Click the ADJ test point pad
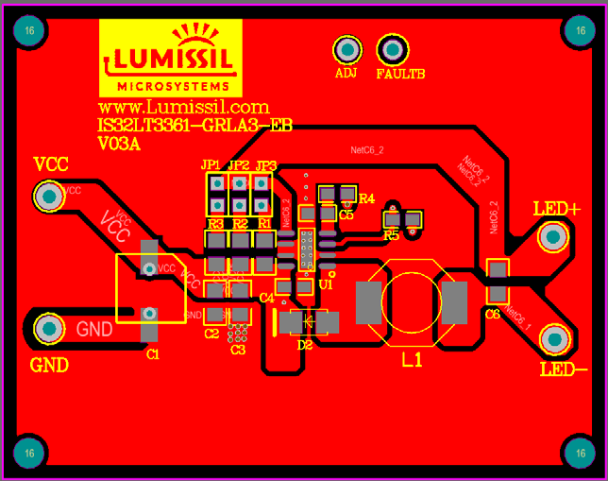(346, 50)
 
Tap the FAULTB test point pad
(392, 49)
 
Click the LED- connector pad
(554, 339)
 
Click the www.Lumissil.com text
(184, 108)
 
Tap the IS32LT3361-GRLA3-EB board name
(194, 126)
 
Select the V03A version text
(119, 144)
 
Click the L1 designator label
(413, 360)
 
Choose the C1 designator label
(153, 354)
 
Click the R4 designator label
(367, 199)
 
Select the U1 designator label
(327, 283)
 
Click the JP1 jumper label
(211, 165)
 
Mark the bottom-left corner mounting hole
(30, 453)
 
